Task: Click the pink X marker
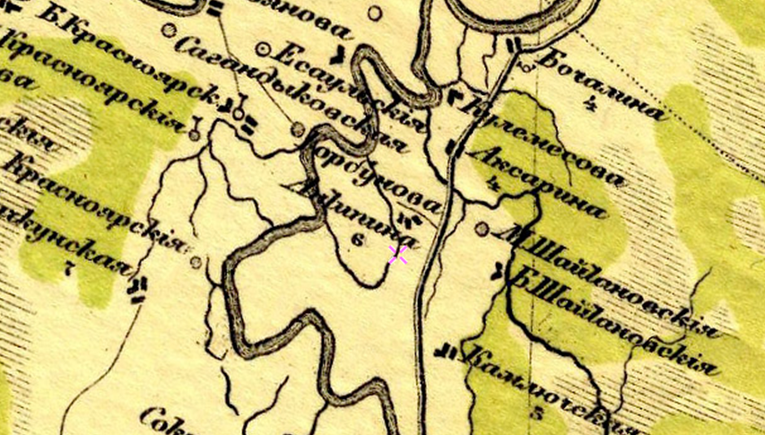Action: (398, 255)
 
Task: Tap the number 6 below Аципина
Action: (358, 239)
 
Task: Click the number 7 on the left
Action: (69, 267)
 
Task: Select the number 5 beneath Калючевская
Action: (537, 413)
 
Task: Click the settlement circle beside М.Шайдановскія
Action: (482, 230)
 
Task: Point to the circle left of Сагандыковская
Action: (169, 30)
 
